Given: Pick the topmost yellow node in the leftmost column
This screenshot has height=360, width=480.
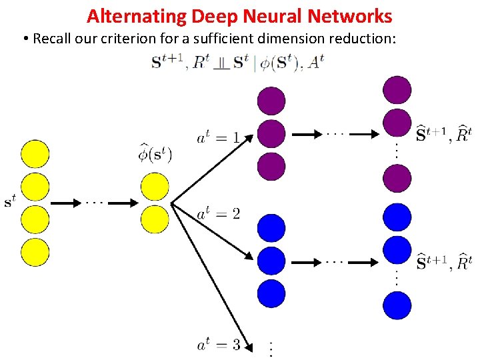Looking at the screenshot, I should click(35, 153).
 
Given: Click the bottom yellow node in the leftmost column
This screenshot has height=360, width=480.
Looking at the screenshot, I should click(35, 252).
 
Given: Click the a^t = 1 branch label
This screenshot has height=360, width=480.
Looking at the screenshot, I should click(218, 139).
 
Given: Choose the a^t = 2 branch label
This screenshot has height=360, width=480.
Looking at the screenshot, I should click(218, 214).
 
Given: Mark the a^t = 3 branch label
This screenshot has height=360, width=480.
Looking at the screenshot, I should click(218, 345).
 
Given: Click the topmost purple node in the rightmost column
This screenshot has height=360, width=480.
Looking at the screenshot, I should click(397, 90).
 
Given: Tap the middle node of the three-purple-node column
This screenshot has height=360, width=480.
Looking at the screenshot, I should click(271, 133).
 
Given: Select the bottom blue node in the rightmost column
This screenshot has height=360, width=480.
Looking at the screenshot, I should click(397, 305).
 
